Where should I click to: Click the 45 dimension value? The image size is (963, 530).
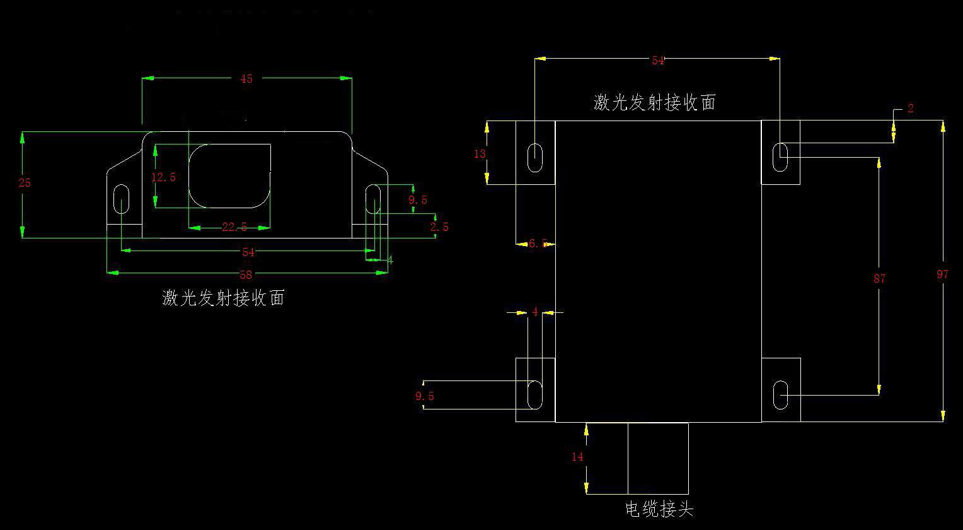coord(246,79)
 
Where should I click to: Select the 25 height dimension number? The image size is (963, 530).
coord(25,183)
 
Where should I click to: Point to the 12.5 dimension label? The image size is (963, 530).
coord(163,177)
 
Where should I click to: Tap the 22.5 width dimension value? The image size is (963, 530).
coord(234,228)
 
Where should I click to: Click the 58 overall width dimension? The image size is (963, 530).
coord(246,274)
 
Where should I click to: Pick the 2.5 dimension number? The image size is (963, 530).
coord(439,227)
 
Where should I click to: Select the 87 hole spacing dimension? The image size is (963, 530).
coord(880,278)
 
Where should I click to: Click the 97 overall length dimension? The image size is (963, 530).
coord(942,274)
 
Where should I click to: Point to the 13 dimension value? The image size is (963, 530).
coord(480,153)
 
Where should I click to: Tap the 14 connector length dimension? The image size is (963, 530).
coord(577,457)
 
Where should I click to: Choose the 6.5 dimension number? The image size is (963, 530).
coord(538,244)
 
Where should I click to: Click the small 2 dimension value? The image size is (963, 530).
coord(911,109)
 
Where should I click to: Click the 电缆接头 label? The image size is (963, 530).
coord(659,509)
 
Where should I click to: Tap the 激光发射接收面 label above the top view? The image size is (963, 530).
coord(654,103)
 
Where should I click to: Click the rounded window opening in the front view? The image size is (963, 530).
coord(230,176)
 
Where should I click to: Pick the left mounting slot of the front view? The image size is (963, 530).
coord(121,199)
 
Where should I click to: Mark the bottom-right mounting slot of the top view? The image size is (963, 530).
coord(780,395)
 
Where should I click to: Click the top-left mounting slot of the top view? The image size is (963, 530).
coord(535,157)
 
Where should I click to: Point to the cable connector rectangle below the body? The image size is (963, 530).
coord(658,458)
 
